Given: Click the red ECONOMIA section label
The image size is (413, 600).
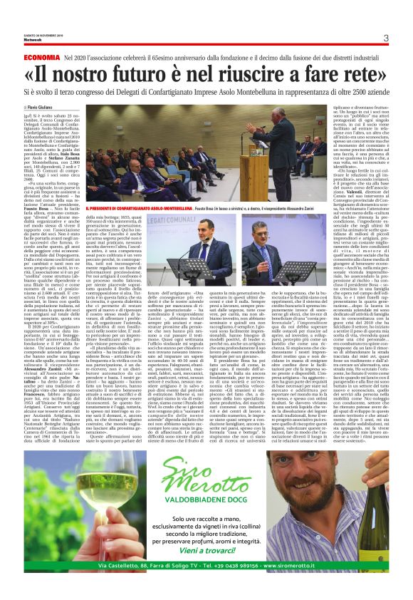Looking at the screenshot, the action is [41, 56].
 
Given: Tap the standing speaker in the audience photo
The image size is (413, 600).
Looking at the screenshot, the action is [286, 143].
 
